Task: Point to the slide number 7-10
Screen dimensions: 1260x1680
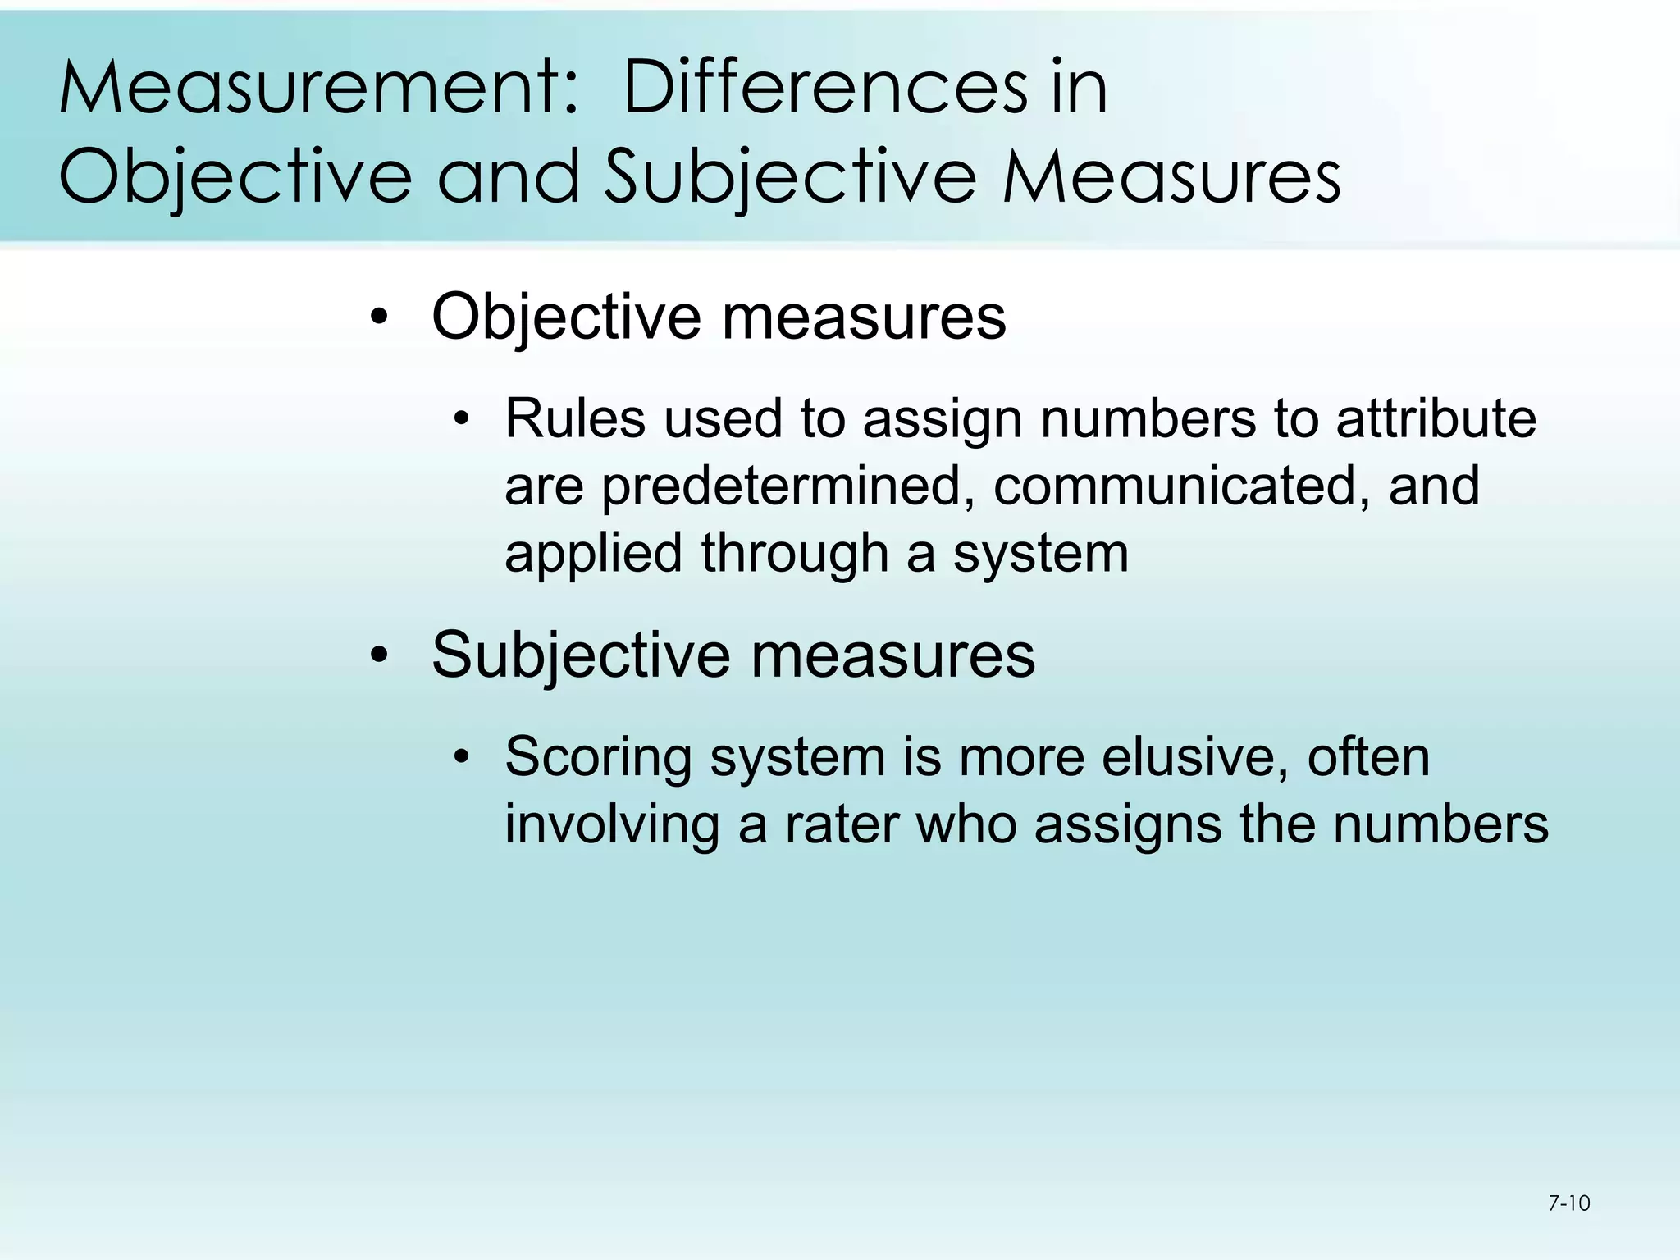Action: [x=1568, y=1203]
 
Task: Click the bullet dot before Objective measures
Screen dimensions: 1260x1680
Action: [x=378, y=317]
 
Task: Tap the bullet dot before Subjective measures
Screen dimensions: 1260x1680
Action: [x=378, y=656]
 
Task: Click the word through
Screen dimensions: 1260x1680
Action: [x=795, y=554]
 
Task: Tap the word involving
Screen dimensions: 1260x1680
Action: [x=611, y=824]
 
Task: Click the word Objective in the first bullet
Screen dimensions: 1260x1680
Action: [x=566, y=317]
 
